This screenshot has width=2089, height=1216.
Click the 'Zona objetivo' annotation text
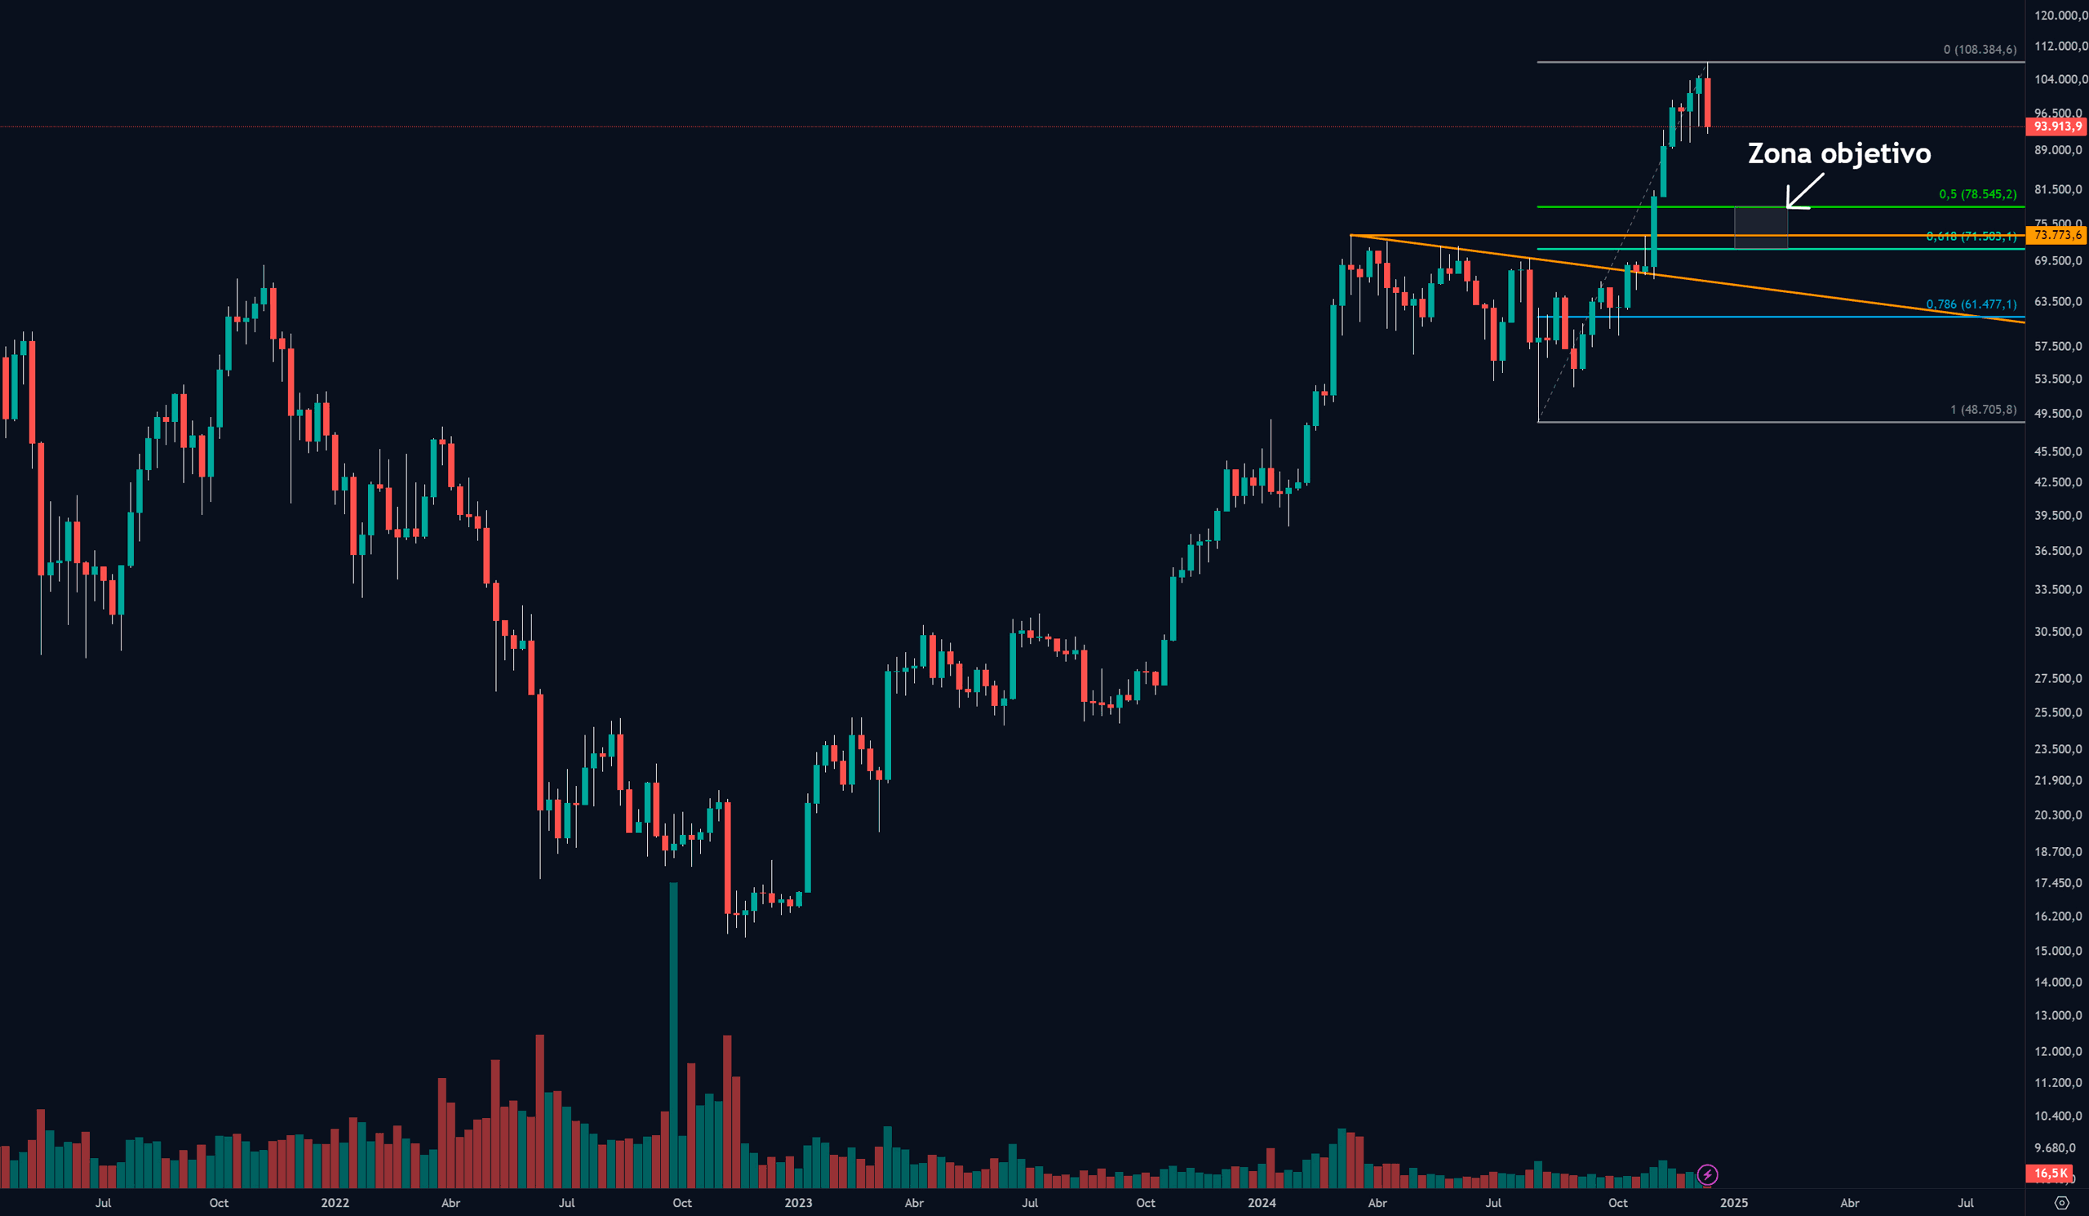coord(1838,154)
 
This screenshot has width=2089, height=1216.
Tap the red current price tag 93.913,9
coord(2057,126)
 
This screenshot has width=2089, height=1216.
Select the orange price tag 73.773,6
coord(2057,235)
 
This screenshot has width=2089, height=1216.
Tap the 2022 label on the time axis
coord(335,1203)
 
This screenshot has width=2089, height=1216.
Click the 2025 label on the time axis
coord(1734,1203)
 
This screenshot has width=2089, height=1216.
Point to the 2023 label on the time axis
coord(797,1203)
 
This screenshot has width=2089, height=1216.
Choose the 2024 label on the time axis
coord(1262,1203)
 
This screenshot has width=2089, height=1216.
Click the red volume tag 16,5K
coord(2051,1173)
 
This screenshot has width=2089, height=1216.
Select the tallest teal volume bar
coord(673,1036)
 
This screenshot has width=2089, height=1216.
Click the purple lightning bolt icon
coord(1708,1174)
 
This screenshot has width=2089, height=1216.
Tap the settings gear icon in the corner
coord(2062,1203)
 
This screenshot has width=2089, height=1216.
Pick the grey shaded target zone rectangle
coord(1761,228)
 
